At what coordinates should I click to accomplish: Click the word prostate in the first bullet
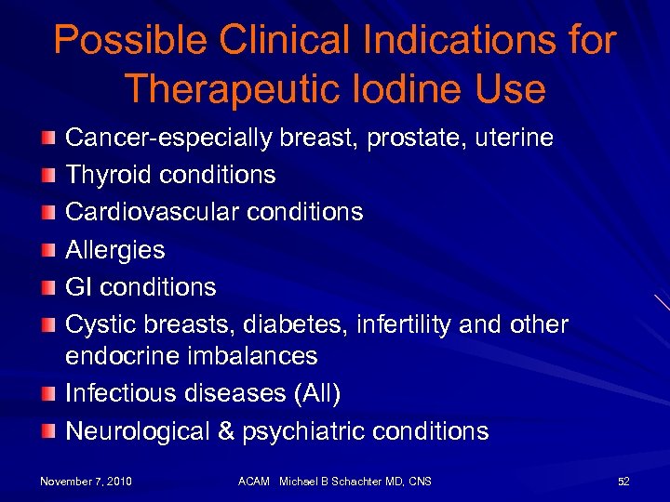(x=416, y=139)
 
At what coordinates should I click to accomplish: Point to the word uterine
(x=514, y=139)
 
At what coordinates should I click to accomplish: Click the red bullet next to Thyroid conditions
(x=48, y=176)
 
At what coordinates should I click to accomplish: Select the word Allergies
(x=114, y=250)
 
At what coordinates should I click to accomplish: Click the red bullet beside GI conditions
(x=48, y=287)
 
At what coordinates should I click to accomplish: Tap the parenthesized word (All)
(x=317, y=393)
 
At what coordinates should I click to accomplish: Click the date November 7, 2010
(x=86, y=481)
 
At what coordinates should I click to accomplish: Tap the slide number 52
(x=623, y=481)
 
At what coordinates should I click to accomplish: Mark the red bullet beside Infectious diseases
(x=48, y=394)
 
